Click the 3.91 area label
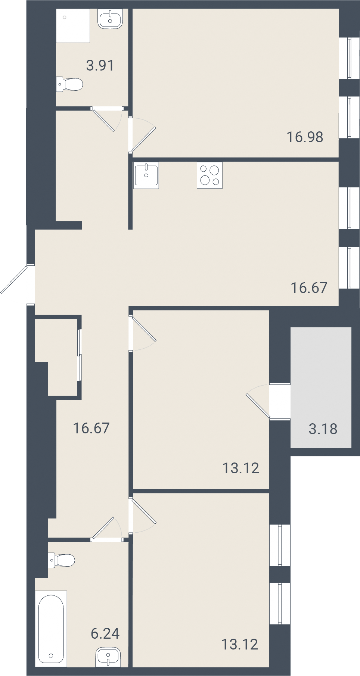coord(100,65)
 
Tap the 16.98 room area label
coord(305,137)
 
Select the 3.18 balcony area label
coord(323,429)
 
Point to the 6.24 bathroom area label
coord(105,633)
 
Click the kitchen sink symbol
coord(146,175)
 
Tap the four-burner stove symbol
coord(210,175)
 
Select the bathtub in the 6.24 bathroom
coord(51,629)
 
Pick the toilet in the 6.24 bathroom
coord(62,560)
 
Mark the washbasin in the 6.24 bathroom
coord(108,657)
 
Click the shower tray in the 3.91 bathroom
coord(73,26)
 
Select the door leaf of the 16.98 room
coord(144,139)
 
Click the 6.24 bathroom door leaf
coord(103,528)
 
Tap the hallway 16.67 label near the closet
coord(91,428)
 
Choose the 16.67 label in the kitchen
coord(309,288)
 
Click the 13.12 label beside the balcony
coord(240,468)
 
